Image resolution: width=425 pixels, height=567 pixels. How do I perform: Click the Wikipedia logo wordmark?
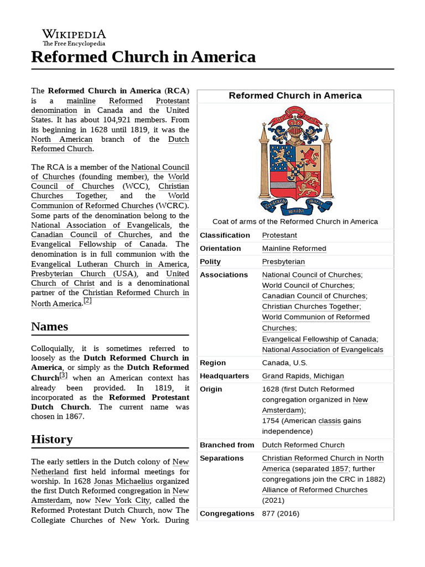(74, 34)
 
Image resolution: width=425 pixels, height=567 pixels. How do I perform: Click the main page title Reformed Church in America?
(143, 56)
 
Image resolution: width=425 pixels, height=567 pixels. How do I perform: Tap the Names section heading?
(50, 326)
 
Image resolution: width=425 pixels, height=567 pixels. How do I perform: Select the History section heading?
(52, 439)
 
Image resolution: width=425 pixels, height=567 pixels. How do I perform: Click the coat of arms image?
(296, 160)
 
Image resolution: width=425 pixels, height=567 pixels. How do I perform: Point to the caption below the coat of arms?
(295, 221)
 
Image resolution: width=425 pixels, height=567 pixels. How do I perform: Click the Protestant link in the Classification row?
(279, 235)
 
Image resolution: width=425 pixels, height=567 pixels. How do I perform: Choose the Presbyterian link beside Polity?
(283, 262)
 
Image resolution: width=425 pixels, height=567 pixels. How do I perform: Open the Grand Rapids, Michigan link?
(303, 376)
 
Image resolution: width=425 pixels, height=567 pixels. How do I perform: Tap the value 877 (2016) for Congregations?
(281, 513)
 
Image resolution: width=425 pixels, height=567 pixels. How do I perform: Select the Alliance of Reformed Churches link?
(314, 490)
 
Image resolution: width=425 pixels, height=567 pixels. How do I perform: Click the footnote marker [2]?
(87, 301)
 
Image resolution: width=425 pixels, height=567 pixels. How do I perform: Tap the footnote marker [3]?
(64, 375)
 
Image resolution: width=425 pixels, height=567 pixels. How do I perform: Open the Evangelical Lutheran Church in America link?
(109, 264)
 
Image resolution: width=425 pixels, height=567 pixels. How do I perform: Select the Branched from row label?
(227, 445)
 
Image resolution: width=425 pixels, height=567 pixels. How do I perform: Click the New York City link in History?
(117, 501)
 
